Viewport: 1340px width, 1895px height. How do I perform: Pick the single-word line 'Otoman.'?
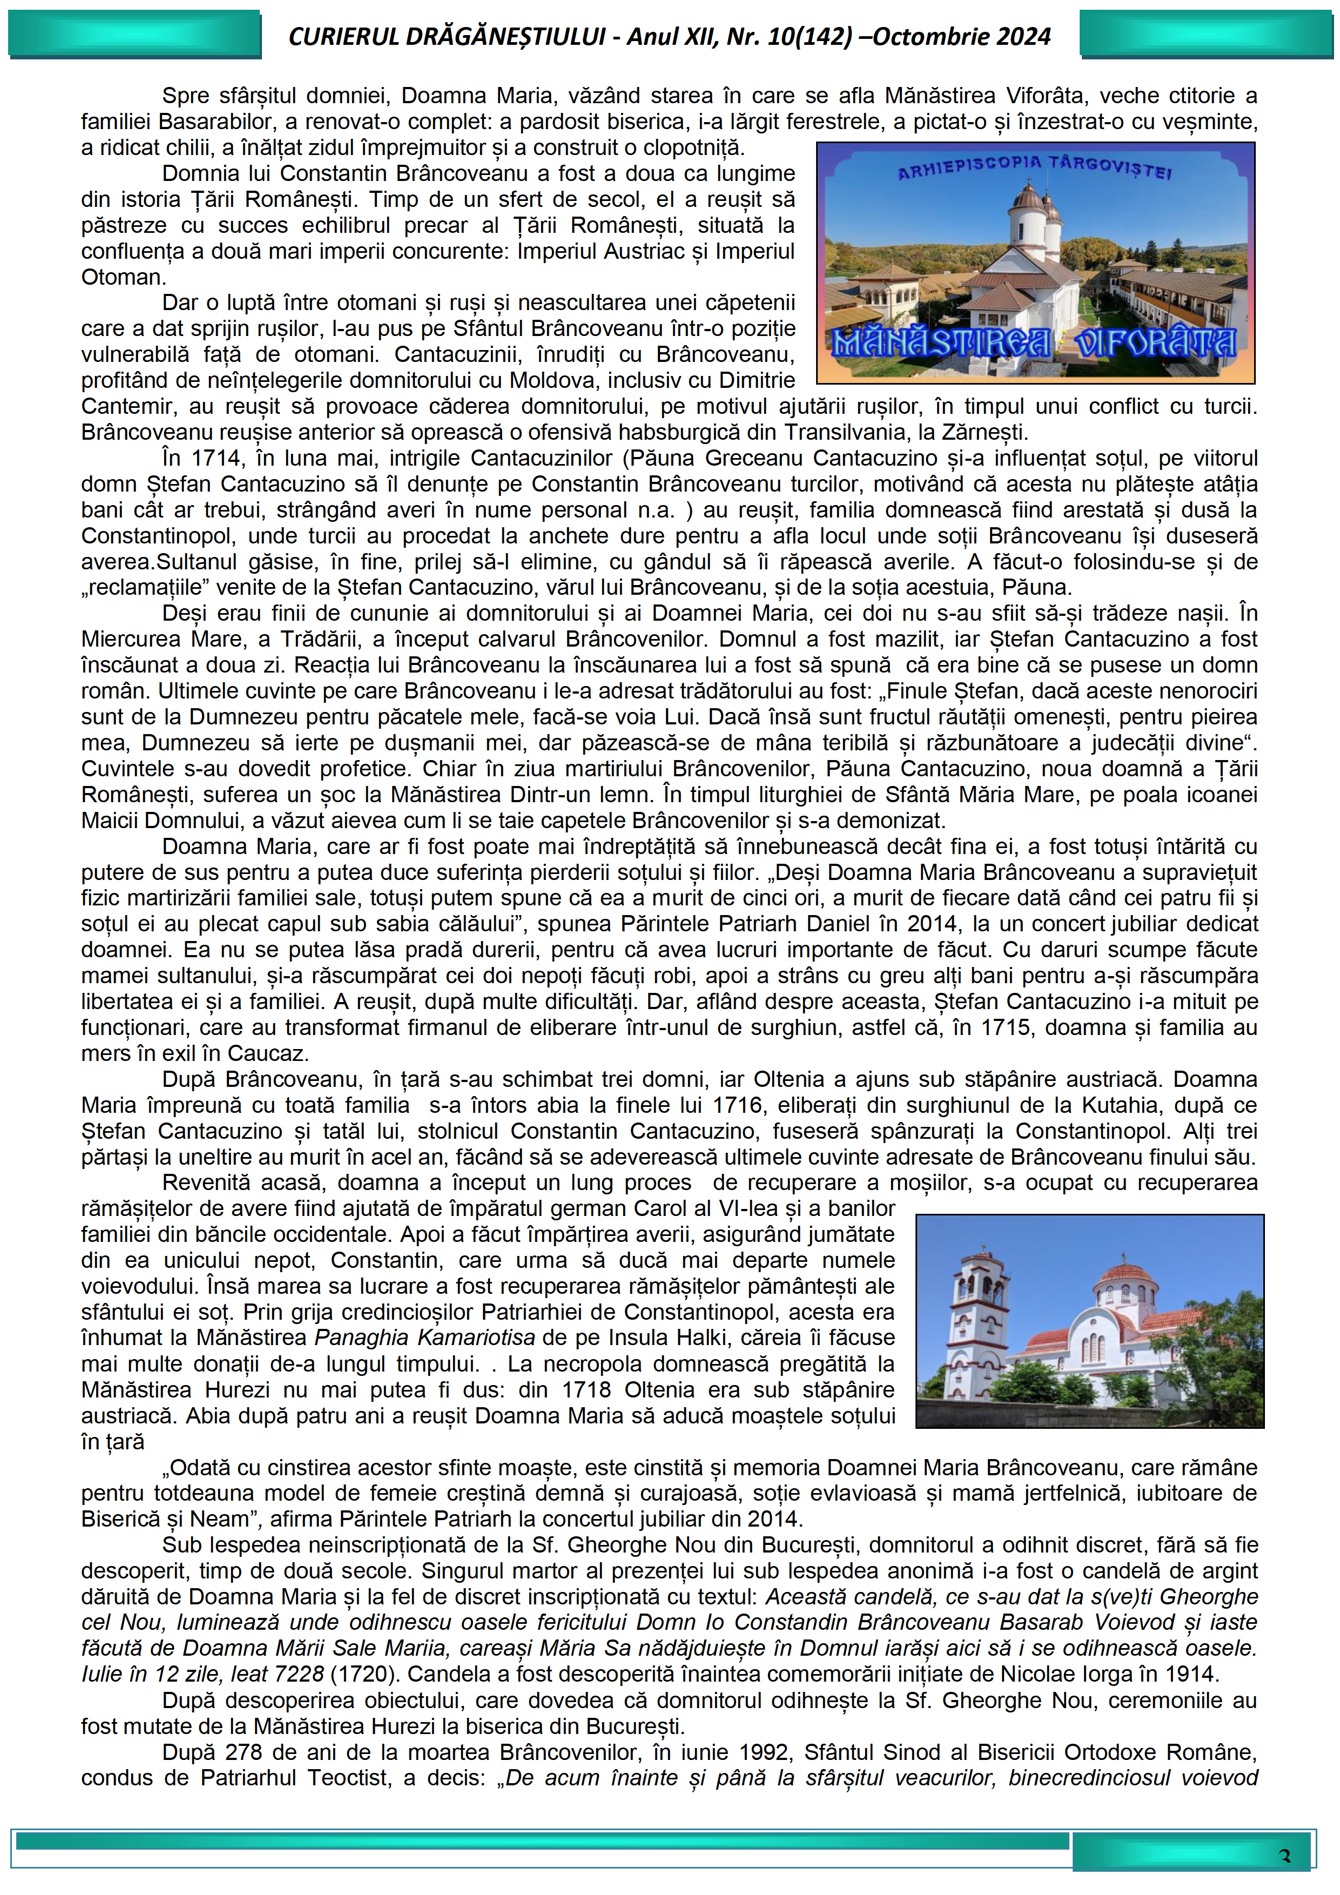coord(124,277)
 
